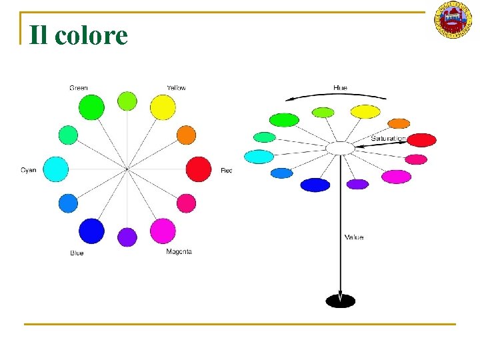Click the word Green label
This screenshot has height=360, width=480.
[79, 88]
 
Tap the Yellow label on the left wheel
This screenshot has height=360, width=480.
[176, 88]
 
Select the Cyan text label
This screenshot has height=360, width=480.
[29, 171]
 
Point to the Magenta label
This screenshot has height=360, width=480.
[179, 251]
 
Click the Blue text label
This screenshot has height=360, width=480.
[77, 253]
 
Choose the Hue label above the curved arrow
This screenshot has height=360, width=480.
[340, 88]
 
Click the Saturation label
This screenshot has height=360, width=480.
[388, 139]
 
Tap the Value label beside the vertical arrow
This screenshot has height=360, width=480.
[354, 237]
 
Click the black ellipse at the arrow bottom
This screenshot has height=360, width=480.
[340, 301]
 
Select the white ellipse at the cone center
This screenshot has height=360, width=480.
[340, 148]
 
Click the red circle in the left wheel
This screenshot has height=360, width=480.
[198, 169]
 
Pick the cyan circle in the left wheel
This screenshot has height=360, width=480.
[55, 169]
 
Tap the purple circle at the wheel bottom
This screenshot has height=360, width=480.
[127, 237]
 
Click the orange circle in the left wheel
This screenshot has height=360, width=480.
[186, 135]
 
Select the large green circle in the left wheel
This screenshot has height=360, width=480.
[91, 107]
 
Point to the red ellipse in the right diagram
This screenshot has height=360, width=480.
[421, 140]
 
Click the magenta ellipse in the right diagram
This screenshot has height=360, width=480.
[396, 177]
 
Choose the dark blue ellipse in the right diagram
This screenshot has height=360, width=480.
[315, 185]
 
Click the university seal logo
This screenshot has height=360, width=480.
[453, 19]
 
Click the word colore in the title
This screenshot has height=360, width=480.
[91, 35]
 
